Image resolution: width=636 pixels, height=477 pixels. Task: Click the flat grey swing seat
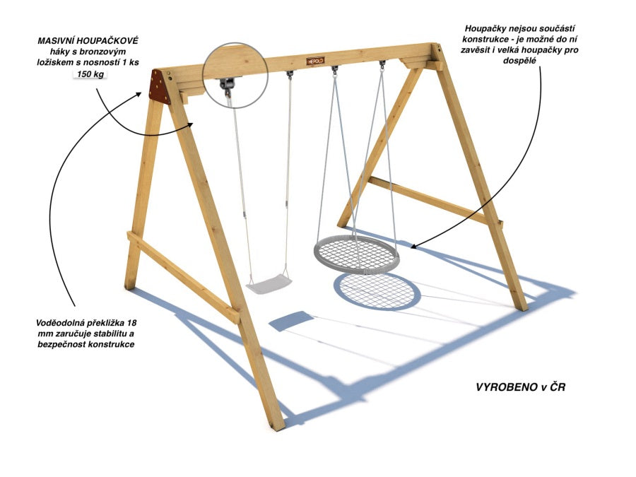pos(269,283)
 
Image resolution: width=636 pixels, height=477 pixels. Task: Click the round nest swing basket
pos(357,254)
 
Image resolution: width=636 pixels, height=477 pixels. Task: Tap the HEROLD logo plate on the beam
pos(315,61)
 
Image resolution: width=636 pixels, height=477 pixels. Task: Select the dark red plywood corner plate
pos(160,86)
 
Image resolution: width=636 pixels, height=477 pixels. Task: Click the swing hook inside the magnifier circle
pos(226,86)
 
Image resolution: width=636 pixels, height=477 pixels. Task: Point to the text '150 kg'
pos(90,74)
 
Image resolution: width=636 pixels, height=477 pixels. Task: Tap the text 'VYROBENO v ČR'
pos(520,387)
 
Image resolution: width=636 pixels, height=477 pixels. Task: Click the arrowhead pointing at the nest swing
pos(413,245)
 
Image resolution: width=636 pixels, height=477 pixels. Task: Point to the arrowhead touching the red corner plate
pos(139,95)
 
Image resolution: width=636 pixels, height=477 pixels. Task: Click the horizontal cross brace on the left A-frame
pos(183,277)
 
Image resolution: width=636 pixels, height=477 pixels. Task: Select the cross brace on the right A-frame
pos(435,200)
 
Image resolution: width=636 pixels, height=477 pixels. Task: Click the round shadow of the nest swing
pos(377,292)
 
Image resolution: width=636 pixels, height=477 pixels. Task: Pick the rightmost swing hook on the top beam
pos(382,66)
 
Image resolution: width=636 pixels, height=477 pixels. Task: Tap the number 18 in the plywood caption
pos(131,323)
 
